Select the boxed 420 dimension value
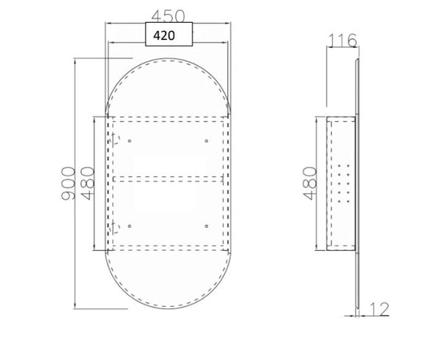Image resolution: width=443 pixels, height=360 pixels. tap(169, 34)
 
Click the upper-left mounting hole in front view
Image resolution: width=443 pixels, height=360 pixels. tap(129, 140)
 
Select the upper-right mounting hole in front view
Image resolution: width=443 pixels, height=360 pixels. tap(206, 140)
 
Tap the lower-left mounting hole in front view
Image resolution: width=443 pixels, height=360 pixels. tap(129, 224)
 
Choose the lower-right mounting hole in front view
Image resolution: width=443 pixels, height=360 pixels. tap(206, 224)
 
